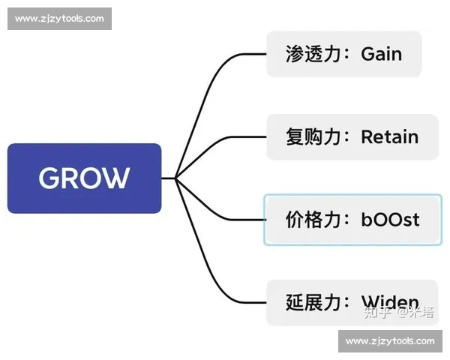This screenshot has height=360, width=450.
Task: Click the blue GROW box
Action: tap(84, 178)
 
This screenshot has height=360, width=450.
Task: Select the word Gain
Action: tap(381, 54)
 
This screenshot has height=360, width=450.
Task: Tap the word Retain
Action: tap(389, 137)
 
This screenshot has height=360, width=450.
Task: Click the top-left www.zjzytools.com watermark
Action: tap(59, 19)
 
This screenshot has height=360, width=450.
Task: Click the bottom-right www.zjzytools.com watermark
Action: tap(390, 341)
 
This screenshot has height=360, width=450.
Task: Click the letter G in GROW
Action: tap(49, 178)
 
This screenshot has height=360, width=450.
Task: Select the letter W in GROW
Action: tap(115, 178)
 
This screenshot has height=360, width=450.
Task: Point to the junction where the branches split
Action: tap(175, 178)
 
